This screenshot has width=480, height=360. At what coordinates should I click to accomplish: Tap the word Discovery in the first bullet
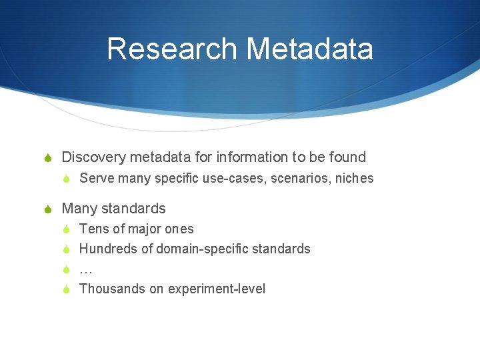click(93, 157)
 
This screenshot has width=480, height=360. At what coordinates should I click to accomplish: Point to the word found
click(347, 157)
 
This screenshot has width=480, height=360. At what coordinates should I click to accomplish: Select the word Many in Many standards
click(78, 209)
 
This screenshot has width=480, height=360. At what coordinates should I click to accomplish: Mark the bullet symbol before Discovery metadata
click(47, 158)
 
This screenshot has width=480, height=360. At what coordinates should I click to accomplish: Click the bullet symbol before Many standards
click(47, 209)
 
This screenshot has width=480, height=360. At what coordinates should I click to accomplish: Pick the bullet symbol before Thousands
click(66, 289)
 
